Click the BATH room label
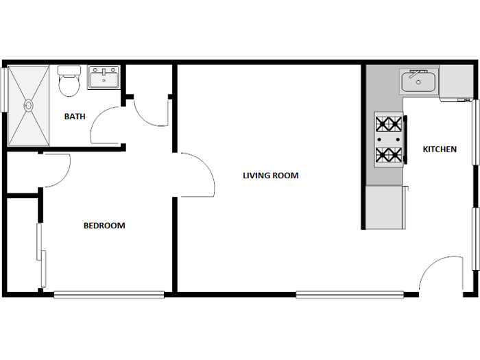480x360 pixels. tap(75, 116)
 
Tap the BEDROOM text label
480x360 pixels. tap(104, 226)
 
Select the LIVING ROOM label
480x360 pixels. tap(271, 176)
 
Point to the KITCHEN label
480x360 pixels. tap(440, 149)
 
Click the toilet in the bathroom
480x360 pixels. tap(69, 86)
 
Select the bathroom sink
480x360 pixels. tap(104, 77)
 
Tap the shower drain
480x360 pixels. tap(29, 106)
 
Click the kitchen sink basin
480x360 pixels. tap(418, 84)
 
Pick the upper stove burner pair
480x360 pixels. tap(389, 125)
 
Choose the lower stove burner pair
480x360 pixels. tap(389, 156)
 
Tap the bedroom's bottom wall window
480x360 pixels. tap(109, 295)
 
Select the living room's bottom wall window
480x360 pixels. tap(350, 295)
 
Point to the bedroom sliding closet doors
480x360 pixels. tap(42, 254)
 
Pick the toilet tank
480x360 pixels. tap(69, 71)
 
